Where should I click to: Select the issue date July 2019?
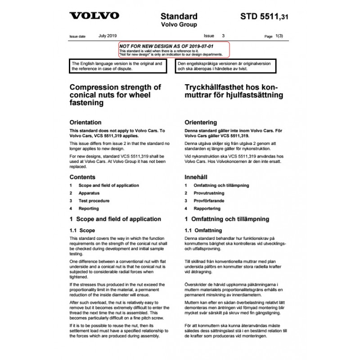(x=107, y=35)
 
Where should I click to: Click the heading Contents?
(x=82, y=177)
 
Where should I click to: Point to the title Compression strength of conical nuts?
(x=115, y=94)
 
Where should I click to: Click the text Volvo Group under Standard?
(x=179, y=25)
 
